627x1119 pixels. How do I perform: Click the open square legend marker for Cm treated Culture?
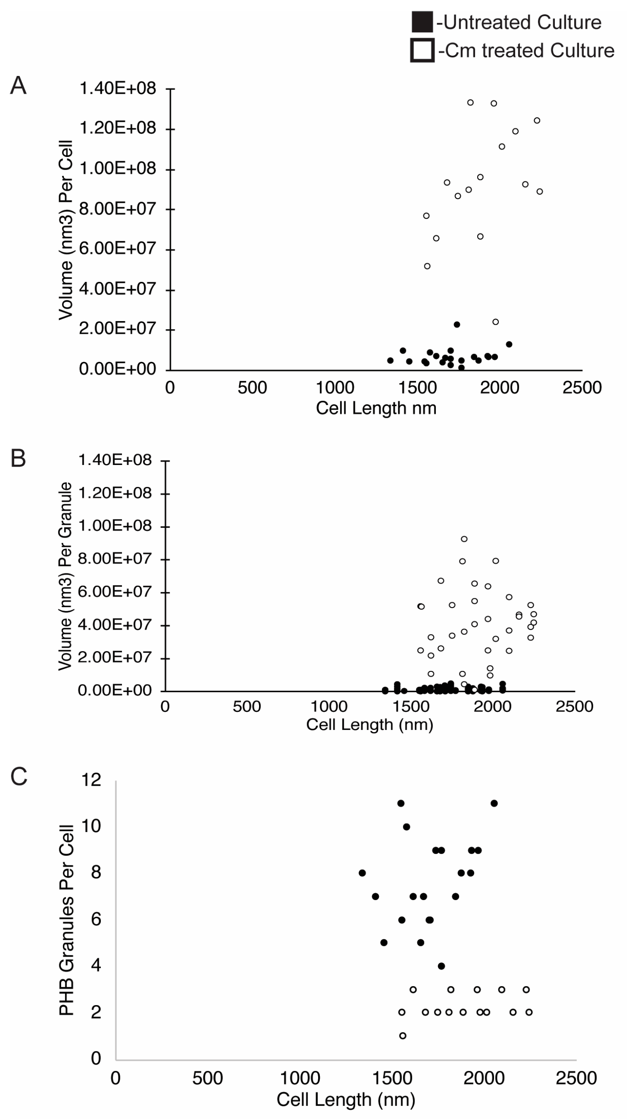pos(422,50)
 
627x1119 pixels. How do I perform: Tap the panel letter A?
pos(18,86)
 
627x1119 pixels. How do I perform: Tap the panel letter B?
pos(18,458)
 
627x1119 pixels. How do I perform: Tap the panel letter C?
pos(18,776)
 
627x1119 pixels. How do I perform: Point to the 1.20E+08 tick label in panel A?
pos(117,128)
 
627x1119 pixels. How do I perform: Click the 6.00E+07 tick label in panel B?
pos(115,592)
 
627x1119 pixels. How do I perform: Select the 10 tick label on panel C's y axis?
pos(91,826)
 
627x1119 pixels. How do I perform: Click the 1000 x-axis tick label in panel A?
pos(335,387)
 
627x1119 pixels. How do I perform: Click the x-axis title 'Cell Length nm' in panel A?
pos(376,408)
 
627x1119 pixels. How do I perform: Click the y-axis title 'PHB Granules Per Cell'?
pos(66,919)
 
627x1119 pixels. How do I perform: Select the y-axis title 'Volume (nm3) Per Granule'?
pos(65,576)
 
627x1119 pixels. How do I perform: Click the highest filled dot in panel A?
pos(457,324)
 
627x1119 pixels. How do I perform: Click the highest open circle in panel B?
pos(464,539)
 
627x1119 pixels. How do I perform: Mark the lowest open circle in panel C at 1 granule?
pos(403,1035)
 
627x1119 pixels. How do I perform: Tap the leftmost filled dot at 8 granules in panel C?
pos(362,873)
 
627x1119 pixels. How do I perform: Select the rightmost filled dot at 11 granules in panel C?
pos(494,803)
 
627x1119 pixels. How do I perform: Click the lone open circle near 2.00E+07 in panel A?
pos(495,322)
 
